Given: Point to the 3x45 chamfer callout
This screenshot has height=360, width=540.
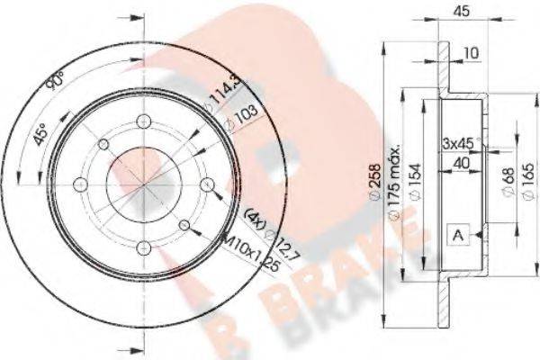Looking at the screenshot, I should (458, 143).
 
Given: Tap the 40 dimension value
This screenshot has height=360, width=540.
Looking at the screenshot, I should (461, 162).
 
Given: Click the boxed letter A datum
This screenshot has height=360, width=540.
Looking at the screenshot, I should (459, 236).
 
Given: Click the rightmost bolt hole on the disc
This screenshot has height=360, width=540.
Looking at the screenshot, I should (208, 185).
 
